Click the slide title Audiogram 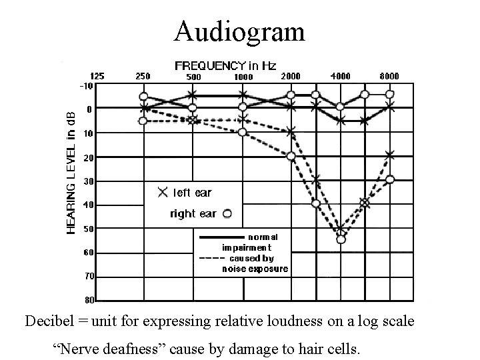pos(239,31)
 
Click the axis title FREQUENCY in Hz pos(225,65)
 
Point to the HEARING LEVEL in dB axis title pos(71,171)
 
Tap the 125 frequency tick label pos(97,77)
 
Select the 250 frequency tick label pos(143,77)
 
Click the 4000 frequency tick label pos(341,77)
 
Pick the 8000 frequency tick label pos(389,77)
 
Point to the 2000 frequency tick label pos(291,77)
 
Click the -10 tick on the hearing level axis pos(86,86)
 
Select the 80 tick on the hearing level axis pos(89,300)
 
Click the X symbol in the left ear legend pos(162,193)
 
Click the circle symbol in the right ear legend pos(227,213)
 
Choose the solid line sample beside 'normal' pos(222,237)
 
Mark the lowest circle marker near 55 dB pos(341,239)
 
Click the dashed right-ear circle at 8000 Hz pos(390,179)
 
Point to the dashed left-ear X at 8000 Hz pos(390,155)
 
